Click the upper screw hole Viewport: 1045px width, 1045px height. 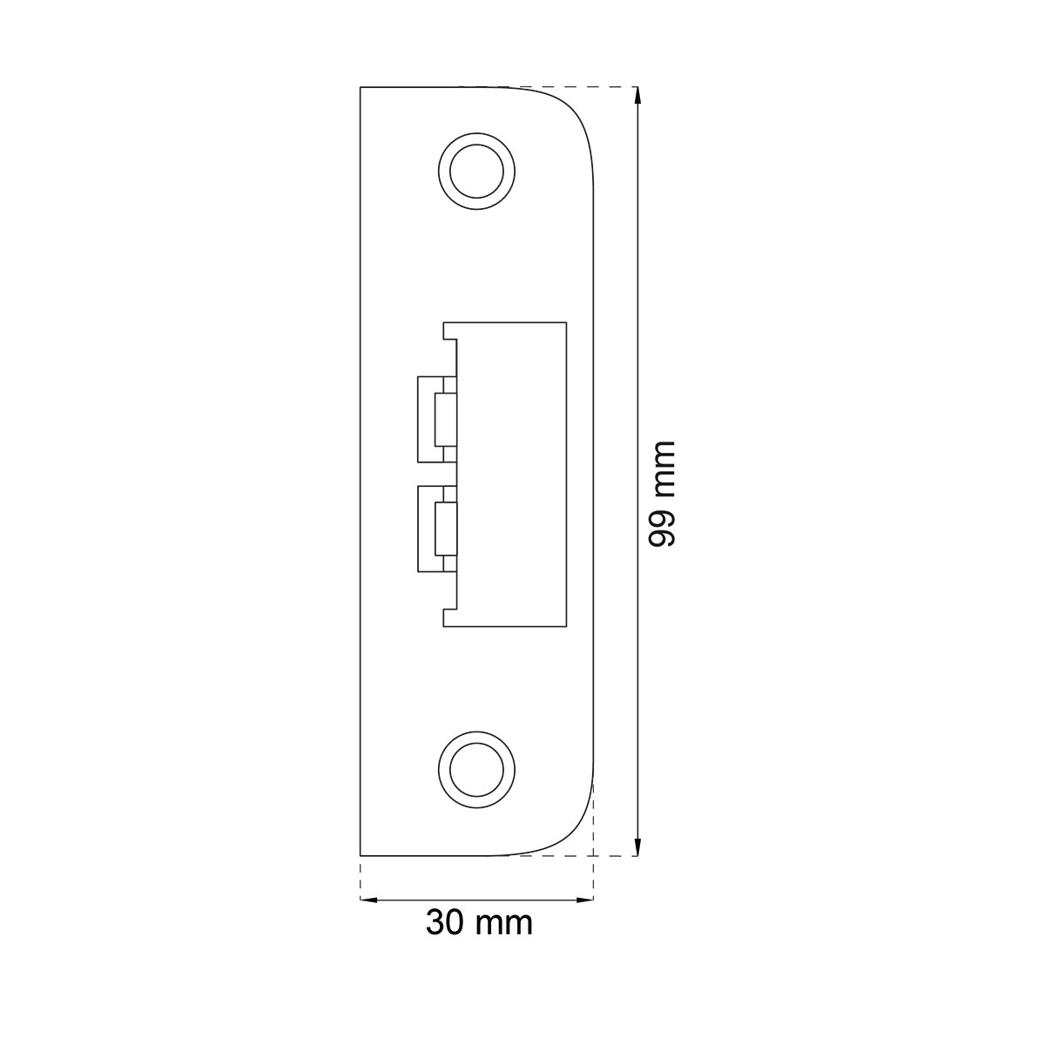(476, 171)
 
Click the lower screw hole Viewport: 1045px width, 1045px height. (476, 770)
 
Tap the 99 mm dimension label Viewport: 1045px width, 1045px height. (663, 493)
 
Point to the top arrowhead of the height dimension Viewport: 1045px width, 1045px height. (637, 96)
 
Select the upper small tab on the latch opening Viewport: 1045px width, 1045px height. (437, 420)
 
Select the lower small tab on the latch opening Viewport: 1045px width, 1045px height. (437, 529)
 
